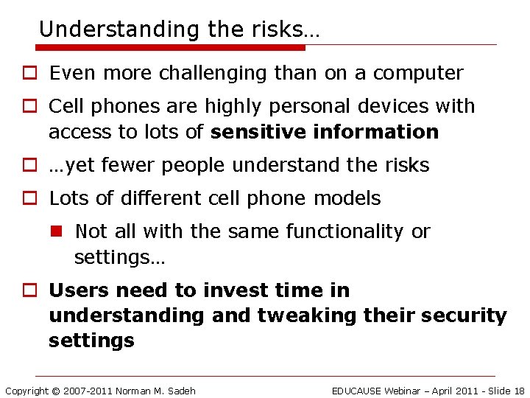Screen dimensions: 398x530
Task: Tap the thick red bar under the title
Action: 169,48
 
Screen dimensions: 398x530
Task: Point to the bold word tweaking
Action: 305,315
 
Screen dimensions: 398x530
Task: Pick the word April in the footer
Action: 447,391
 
